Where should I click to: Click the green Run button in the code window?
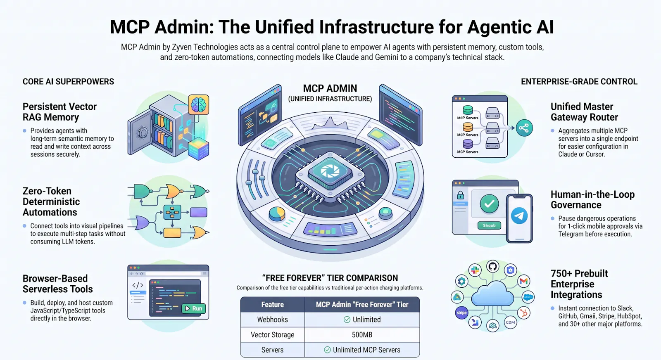click(194, 308)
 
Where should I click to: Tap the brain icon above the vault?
click(198, 104)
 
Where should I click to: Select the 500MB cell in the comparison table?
click(362, 335)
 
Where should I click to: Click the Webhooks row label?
click(272, 319)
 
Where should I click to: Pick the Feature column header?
click(272, 305)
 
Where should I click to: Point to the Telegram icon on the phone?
click(519, 216)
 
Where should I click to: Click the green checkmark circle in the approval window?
click(489, 204)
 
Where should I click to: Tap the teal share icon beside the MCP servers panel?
click(524, 128)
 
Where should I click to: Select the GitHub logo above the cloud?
click(492, 267)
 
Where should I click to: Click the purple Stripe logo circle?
click(461, 313)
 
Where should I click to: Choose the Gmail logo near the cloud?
click(524, 281)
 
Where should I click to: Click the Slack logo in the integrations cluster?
click(475, 270)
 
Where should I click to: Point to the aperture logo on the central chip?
click(330, 171)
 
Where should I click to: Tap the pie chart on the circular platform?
click(277, 214)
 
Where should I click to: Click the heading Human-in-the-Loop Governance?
click(592, 199)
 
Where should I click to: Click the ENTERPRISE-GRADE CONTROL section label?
click(579, 82)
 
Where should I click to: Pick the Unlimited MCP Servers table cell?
click(362, 350)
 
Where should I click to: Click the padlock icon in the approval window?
click(460, 195)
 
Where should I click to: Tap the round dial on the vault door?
click(143, 133)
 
